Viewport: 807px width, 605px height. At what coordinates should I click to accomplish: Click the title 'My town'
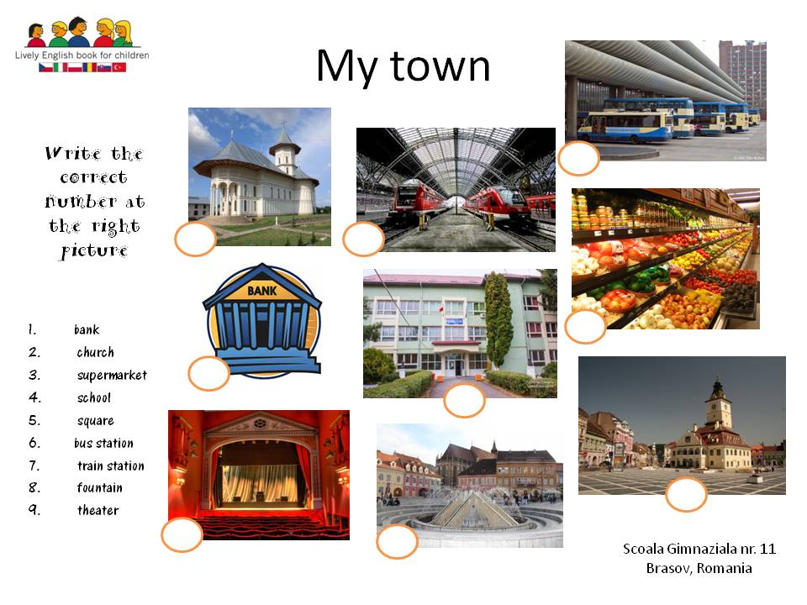403,67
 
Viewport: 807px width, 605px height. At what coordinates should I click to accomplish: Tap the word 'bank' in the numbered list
87,329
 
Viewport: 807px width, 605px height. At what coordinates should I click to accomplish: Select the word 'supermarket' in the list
112,375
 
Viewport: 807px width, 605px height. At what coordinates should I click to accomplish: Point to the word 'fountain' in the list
99,487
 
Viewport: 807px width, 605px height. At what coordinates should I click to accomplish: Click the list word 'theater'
98,510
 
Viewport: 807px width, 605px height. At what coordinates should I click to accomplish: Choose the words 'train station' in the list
111,466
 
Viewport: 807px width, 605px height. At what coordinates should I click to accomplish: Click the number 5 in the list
34,420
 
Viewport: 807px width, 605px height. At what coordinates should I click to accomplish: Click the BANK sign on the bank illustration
262,291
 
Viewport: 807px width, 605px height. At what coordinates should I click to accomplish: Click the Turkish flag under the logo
119,67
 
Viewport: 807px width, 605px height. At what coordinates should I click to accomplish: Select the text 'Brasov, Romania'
699,568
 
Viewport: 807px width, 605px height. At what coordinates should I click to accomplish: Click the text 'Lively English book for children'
82,55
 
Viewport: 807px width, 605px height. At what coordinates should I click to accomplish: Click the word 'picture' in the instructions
94,251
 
